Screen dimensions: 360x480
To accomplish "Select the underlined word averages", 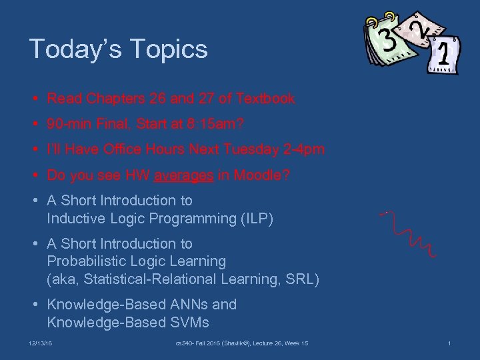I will (x=183, y=175).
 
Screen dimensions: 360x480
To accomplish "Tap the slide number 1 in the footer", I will (x=449, y=343).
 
